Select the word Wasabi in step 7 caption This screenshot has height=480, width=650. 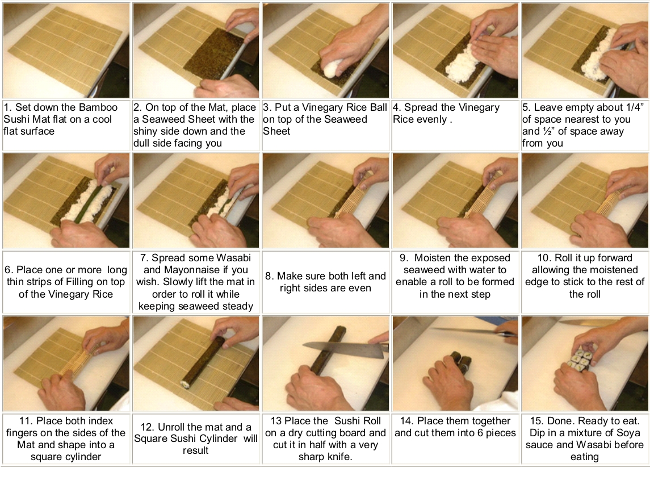click(x=230, y=258)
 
